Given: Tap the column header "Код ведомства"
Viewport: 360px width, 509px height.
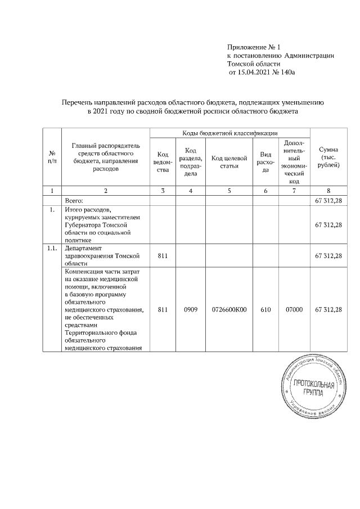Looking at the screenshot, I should coord(163,162).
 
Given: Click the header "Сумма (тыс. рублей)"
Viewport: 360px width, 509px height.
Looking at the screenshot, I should coord(328,158).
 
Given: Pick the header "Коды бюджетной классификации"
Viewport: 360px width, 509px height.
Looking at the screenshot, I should coord(229,133).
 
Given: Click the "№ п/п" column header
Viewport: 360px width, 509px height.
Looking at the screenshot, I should coord(52,157).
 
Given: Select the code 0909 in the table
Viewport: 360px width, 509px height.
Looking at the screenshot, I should coord(191,309).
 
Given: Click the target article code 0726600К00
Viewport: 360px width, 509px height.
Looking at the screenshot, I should coord(229,309).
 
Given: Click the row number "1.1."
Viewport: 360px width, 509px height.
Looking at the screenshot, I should coord(52,247).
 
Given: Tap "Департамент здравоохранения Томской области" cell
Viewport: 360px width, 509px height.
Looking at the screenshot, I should coord(101,255).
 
